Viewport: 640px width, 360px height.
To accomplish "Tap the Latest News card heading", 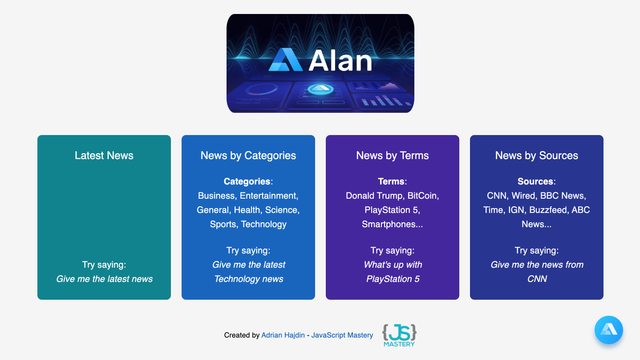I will click(104, 155).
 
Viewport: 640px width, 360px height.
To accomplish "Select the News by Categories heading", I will click(248, 155).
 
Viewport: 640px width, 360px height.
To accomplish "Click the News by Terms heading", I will click(392, 155).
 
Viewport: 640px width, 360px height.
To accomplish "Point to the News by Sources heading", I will click(536, 155).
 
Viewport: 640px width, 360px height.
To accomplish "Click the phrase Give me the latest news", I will click(104, 279).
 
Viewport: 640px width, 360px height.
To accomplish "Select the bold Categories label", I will click(247, 182).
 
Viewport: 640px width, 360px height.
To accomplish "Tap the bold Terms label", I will click(391, 182).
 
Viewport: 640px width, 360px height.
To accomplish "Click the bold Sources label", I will click(535, 182).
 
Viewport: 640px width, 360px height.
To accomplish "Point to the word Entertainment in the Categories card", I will click(268, 196).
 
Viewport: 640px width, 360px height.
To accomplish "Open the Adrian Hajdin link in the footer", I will click(283, 336).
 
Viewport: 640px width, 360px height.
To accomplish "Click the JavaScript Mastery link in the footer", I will click(343, 336).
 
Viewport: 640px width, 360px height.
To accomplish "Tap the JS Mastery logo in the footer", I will click(400, 335).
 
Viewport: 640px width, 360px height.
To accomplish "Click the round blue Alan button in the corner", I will click(608, 330).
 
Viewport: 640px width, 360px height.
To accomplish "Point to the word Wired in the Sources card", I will click(526, 196).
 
